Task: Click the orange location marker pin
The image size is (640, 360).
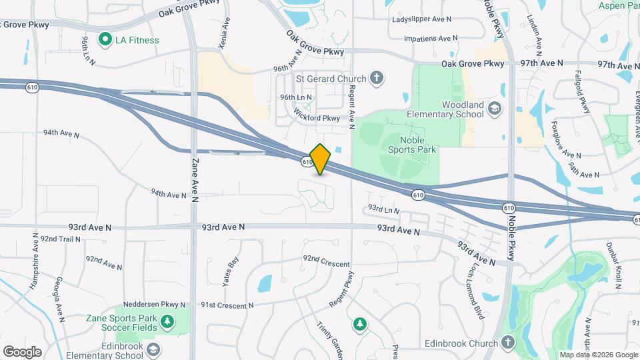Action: [x=321, y=159]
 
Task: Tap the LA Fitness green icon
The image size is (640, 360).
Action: [x=105, y=40]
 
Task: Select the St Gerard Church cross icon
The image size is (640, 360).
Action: [x=377, y=79]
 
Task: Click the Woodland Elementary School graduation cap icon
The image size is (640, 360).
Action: [x=494, y=108]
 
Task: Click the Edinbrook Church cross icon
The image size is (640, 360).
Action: [x=508, y=343]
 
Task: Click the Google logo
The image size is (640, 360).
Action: [x=22, y=351]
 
